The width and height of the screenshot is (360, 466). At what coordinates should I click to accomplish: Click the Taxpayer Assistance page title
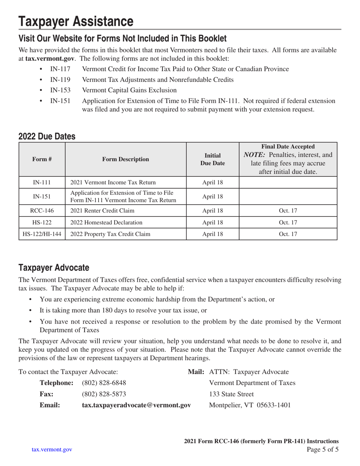coord(76,22)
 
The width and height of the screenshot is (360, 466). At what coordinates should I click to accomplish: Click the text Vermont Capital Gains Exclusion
coord(129,90)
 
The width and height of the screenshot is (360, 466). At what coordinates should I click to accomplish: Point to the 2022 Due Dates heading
coord(47,136)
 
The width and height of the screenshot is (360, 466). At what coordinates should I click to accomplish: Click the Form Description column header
coord(126,159)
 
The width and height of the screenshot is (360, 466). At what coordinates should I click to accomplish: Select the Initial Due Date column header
coord(213,159)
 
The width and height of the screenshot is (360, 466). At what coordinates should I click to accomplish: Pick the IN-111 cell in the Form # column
coord(42,183)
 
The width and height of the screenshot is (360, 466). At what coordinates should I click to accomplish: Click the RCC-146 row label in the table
coord(42,211)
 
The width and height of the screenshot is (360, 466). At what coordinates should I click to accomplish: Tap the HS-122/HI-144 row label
coord(42,234)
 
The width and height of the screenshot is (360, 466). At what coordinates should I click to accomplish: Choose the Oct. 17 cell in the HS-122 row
coord(288,222)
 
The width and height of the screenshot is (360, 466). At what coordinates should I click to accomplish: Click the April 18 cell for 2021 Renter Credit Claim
coord(213,211)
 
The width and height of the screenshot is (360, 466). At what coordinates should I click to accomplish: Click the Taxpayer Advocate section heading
coord(54,268)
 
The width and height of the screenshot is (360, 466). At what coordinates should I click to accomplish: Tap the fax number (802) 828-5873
coord(104,394)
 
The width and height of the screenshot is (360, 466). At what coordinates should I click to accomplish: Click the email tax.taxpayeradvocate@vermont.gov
coord(136,405)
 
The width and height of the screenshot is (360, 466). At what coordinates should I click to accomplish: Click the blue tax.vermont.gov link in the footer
coord(52,450)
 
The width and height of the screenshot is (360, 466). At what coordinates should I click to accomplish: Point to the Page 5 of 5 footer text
coord(322,450)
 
